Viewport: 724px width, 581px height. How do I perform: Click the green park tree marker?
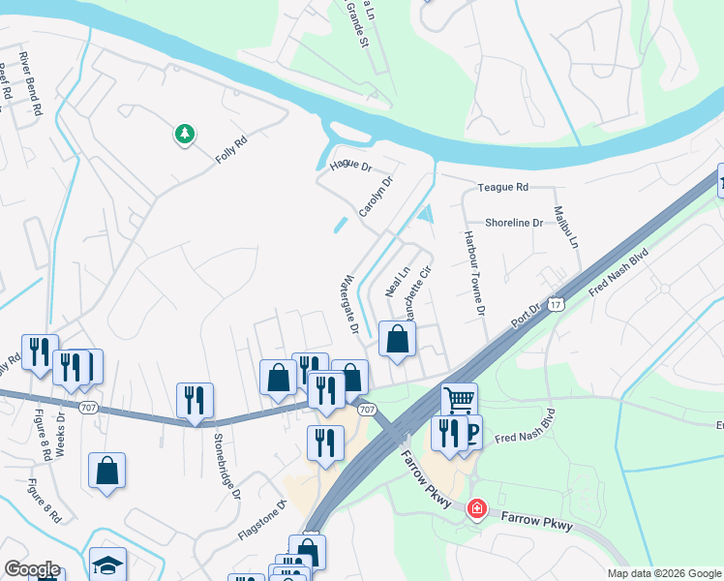pos(184,134)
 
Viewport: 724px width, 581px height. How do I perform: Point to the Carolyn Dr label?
pos(377,197)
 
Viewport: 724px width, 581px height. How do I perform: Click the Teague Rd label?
pos(503,187)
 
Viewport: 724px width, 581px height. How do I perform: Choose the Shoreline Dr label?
pos(514,222)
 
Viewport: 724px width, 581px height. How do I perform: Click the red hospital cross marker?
pos(475,508)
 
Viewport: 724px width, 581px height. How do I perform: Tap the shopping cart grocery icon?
pos(459,398)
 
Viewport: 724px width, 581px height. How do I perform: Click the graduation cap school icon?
pos(107,565)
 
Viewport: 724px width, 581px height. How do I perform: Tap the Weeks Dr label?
pos(60,434)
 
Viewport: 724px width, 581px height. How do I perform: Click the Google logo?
pos(31,568)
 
